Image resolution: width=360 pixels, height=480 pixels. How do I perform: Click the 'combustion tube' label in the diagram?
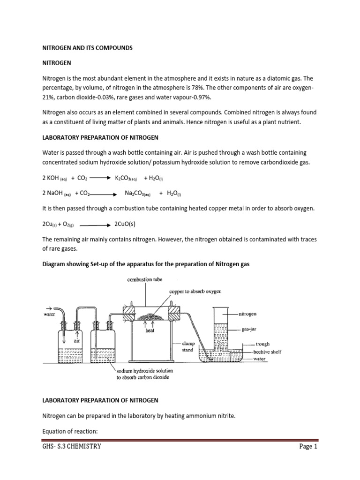click(145, 279)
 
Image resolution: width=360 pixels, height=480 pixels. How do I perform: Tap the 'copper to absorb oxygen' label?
click(195, 292)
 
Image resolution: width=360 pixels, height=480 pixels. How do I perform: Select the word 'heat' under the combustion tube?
click(150, 330)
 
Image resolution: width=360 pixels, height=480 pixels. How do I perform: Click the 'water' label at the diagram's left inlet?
click(49, 315)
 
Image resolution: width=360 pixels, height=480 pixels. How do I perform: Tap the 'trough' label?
click(261, 344)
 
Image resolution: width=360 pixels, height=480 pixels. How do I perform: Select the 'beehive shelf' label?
click(267, 352)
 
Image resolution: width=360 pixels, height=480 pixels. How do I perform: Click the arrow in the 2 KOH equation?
click(99, 178)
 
